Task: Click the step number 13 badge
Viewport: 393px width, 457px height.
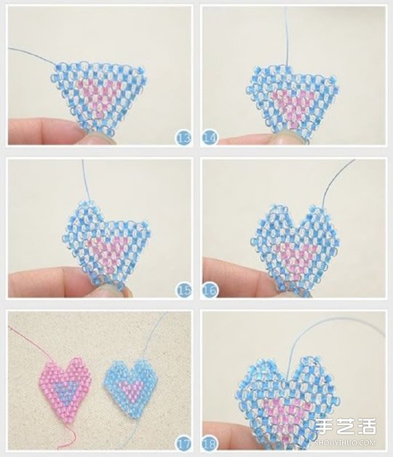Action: point(183,138)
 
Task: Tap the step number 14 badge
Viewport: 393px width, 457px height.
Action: point(210,138)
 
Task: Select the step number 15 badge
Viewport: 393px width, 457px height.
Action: point(183,290)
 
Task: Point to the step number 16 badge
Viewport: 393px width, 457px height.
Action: point(210,290)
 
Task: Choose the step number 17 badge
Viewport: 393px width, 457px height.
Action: point(183,444)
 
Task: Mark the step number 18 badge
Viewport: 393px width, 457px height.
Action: point(210,444)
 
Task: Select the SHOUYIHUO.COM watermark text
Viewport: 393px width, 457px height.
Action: point(346,442)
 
